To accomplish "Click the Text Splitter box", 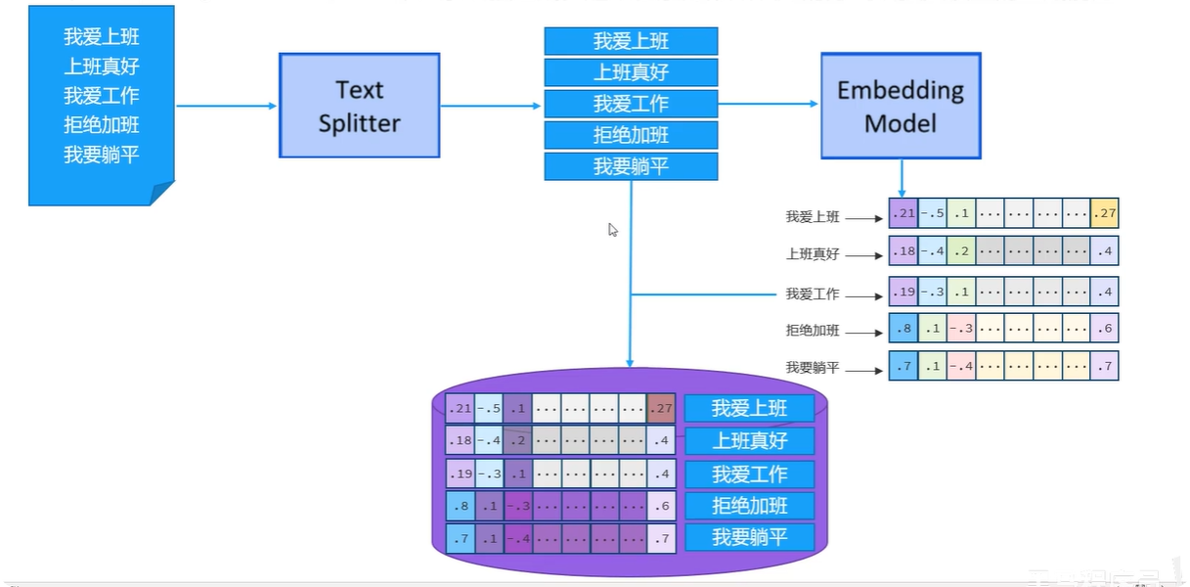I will pos(360,106).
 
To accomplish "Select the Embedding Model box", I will pos(900,106).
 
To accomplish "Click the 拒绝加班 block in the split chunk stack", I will pos(631,135).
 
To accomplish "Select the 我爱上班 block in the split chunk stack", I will pos(631,41).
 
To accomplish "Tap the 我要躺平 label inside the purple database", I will pos(749,537).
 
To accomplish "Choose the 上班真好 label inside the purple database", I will pos(749,440).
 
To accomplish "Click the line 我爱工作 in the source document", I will pos(102,96).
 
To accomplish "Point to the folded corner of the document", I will pos(161,193).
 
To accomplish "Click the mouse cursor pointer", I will pos(613,230).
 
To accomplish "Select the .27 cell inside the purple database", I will pos(661,408).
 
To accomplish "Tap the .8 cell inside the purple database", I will pos(460,506).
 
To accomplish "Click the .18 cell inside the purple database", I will pos(460,440).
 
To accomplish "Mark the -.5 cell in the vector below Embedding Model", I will pos(932,213).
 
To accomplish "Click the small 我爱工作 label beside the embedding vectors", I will pos(813,293).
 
